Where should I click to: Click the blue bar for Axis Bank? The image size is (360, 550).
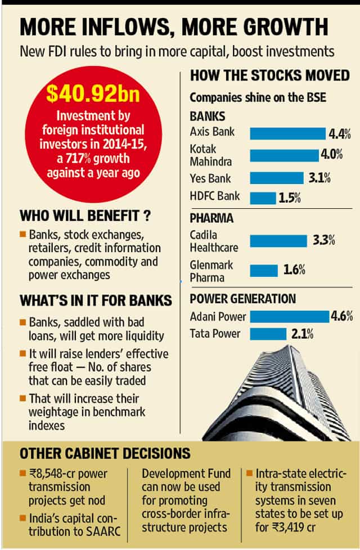(x=288, y=133)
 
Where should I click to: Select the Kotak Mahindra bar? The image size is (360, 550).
(x=284, y=156)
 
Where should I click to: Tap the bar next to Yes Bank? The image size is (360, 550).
(x=277, y=178)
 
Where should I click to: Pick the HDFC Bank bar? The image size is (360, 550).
(x=263, y=198)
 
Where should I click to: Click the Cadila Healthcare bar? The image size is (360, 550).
(x=278, y=241)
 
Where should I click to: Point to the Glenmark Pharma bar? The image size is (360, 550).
(x=264, y=270)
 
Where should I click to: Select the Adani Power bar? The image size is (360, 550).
(x=290, y=316)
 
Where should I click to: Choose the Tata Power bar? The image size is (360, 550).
(x=268, y=334)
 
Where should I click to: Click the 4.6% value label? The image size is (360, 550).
(x=342, y=316)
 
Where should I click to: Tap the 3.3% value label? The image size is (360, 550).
(x=324, y=240)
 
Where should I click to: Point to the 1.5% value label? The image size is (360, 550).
(x=290, y=198)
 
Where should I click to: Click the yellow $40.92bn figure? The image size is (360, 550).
(x=93, y=93)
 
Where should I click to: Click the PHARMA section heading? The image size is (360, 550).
(x=211, y=218)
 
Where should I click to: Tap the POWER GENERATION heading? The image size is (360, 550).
(x=243, y=299)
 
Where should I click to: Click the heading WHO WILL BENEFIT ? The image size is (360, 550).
(x=85, y=216)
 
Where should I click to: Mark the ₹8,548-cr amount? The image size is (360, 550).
(x=52, y=473)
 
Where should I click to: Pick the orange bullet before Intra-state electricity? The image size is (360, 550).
(x=249, y=473)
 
